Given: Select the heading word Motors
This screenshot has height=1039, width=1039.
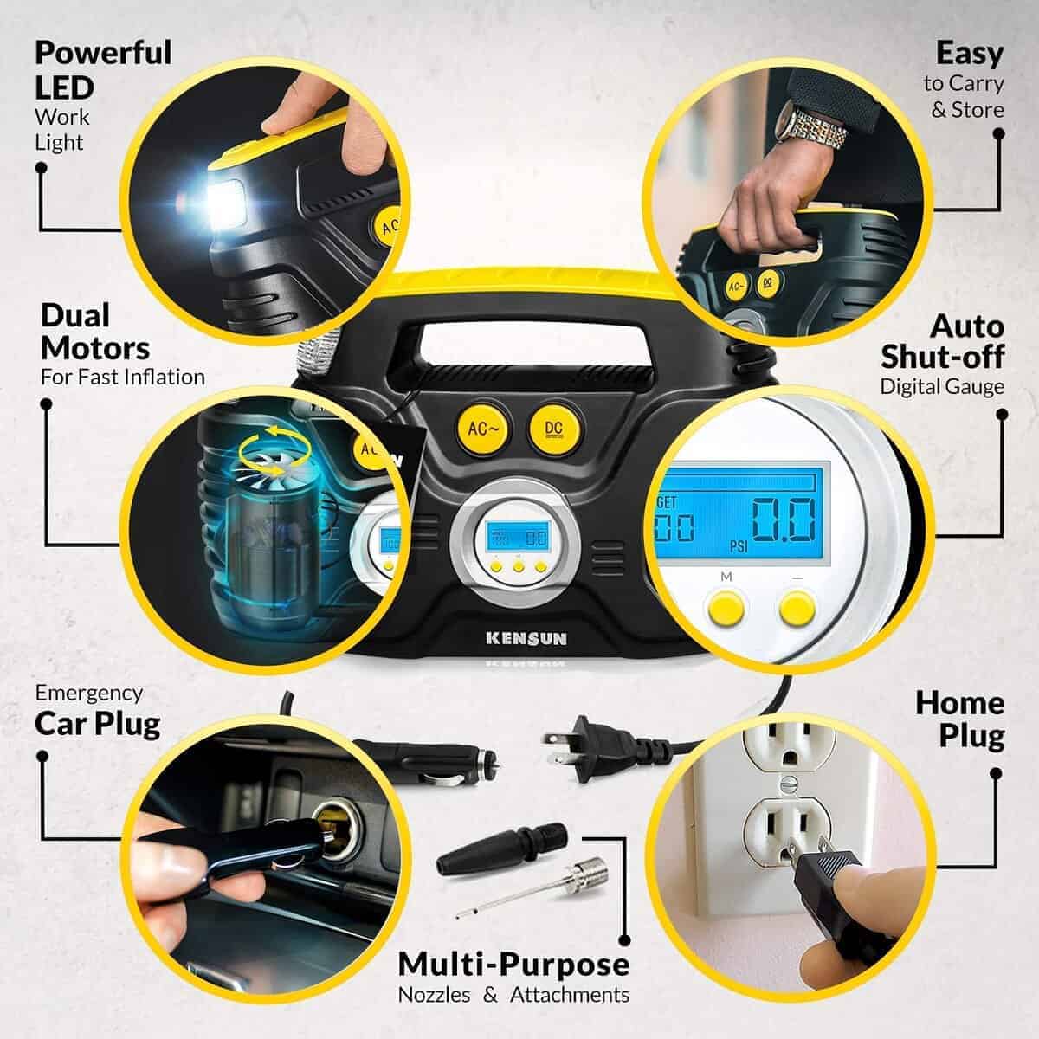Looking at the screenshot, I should pos(95,348).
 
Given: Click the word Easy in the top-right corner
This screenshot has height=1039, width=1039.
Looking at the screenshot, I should pos(970,54).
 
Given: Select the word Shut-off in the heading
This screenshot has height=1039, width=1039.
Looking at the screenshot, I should pos(943,356).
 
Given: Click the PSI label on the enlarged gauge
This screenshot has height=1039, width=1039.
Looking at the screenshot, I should pos(739,548).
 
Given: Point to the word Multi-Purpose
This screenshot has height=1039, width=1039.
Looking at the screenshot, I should pos(513,964).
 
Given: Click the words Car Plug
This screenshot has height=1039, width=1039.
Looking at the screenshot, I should pos(98,723).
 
